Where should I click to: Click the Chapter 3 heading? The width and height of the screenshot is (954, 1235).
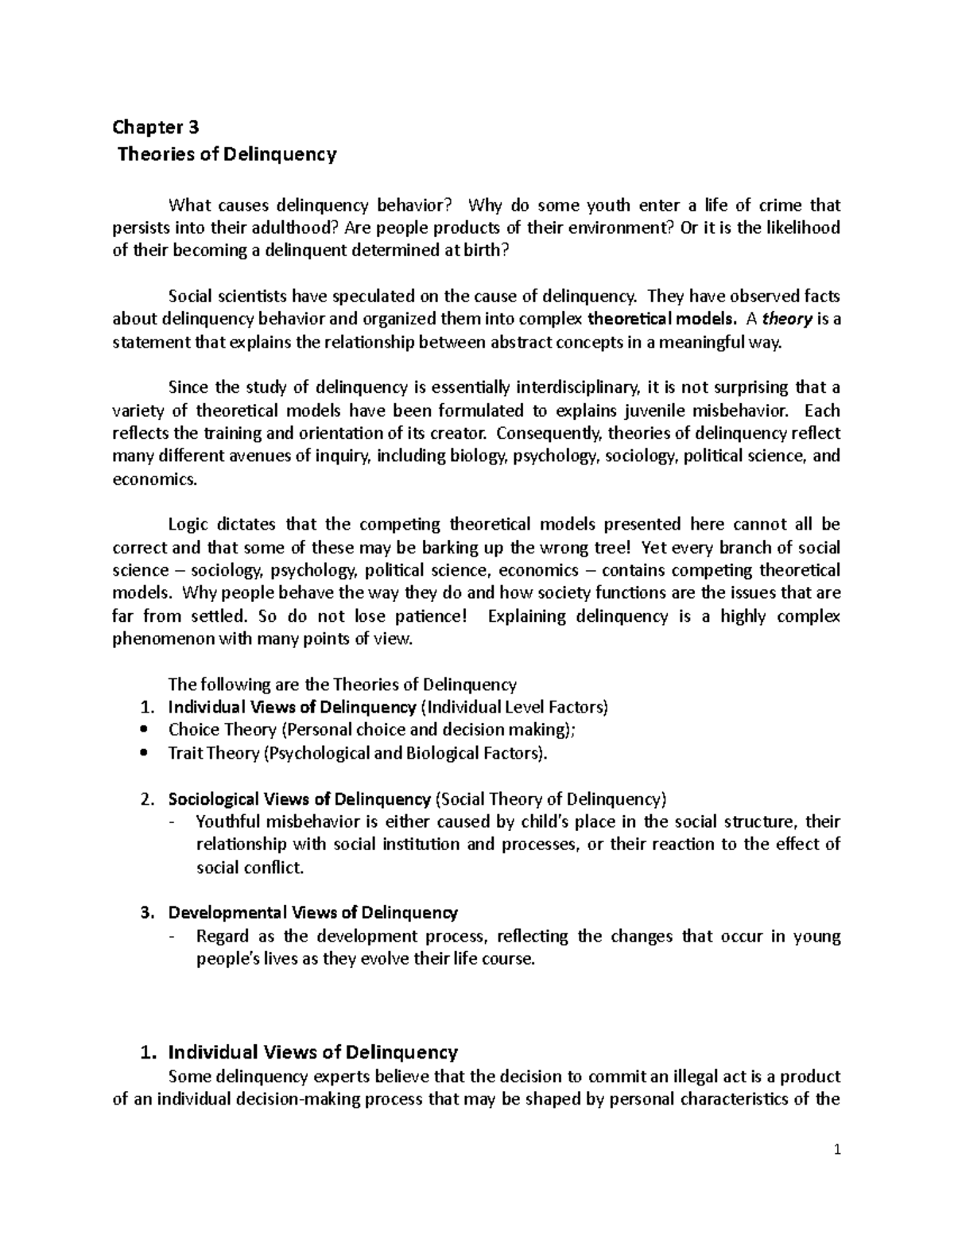pos(156,127)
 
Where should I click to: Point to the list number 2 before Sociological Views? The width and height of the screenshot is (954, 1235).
pos(144,799)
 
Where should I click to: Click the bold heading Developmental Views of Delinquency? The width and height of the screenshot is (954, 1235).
pos(312,913)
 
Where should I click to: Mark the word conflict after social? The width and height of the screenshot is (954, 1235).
pos(272,868)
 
